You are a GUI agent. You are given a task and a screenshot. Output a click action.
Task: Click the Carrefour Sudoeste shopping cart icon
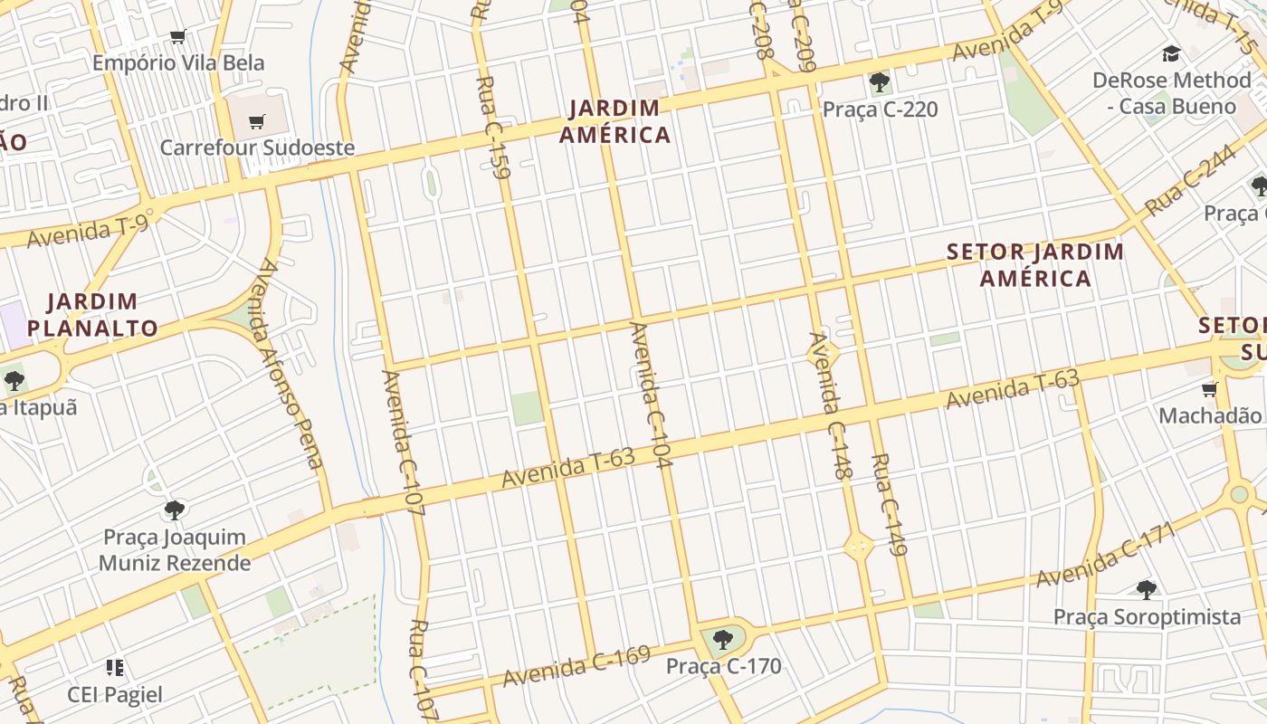(x=257, y=121)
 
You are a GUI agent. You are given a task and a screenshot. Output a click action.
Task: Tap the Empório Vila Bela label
(x=178, y=62)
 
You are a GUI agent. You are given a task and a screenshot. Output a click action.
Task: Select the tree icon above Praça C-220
(x=879, y=83)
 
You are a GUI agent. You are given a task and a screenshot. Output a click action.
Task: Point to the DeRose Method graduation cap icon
(x=1171, y=54)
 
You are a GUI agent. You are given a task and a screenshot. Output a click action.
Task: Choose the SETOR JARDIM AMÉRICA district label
(x=1035, y=264)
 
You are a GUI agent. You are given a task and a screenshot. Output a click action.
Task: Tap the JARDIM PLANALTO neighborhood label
(x=92, y=314)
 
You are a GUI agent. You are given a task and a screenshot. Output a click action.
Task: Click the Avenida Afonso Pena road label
(x=291, y=364)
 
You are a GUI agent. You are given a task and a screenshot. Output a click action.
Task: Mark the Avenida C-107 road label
(x=403, y=443)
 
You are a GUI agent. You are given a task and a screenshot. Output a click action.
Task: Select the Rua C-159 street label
(x=492, y=127)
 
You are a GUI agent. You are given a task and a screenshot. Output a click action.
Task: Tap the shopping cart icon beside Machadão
(x=1209, y=390)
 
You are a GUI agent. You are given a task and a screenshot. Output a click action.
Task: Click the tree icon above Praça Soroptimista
(x=1147, y=590)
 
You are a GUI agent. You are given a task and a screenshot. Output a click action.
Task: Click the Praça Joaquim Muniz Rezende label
(x=175, y=549)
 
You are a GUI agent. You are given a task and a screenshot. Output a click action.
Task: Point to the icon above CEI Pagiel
(x=115, y=668)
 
